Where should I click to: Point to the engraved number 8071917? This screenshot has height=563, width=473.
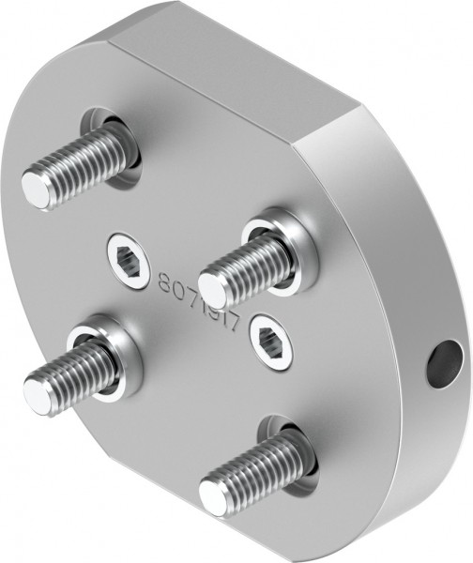coord(201,299)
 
